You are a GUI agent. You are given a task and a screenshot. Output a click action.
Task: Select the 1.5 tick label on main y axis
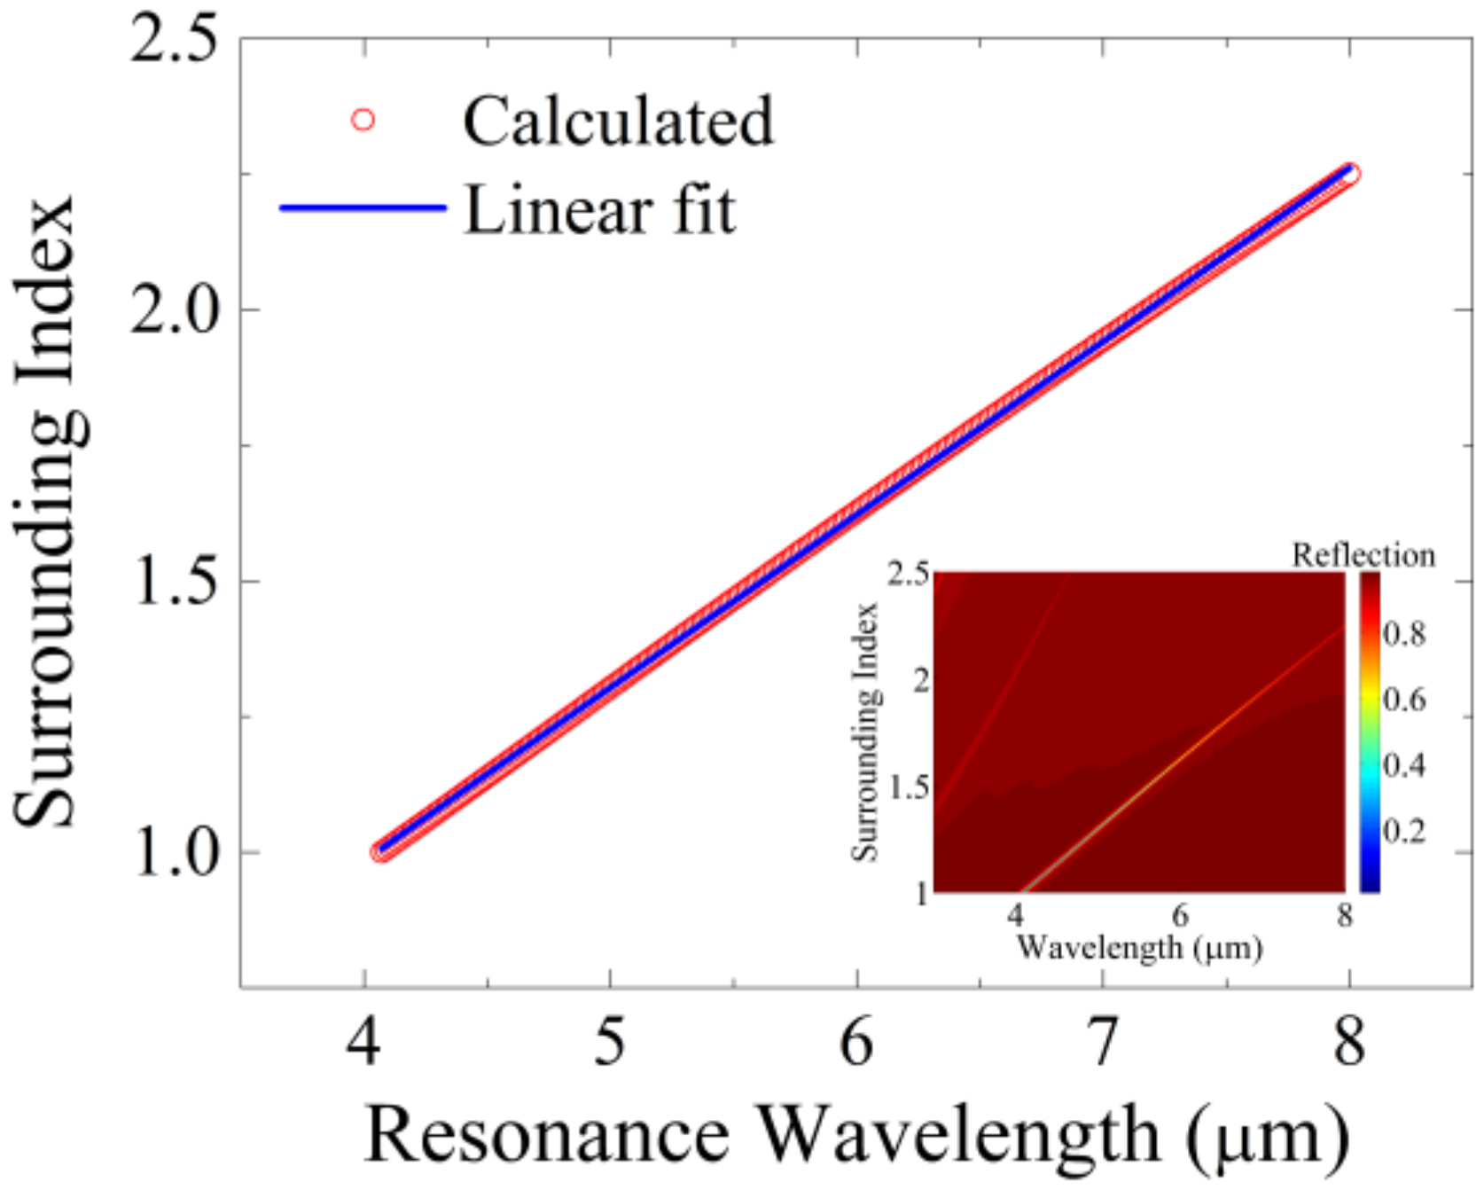[x=174, y=583]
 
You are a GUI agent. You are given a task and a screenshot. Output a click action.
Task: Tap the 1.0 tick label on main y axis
[x=174, y=854]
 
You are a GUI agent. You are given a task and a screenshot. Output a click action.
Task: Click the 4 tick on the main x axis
[x=363, y=1042]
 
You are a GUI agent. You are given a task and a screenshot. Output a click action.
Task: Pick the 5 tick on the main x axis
[x=610, y=1042]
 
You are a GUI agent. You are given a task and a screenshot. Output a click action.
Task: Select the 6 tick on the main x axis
[x=856, y=1042]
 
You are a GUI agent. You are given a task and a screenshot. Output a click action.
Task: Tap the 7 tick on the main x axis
[x=1102, y=1042]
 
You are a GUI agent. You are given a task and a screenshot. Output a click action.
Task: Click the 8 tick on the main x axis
[x=1348, y=1042]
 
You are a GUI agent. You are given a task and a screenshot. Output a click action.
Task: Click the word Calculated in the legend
[x=618, y=121]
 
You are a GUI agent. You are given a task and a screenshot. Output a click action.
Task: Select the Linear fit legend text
[x=600, y=210]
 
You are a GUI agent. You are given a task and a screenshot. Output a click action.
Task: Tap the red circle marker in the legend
[x=363, y=120]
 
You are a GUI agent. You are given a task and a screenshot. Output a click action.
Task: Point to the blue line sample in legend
[x=363, y=208]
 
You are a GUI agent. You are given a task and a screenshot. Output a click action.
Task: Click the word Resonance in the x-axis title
[x=547, y=1136]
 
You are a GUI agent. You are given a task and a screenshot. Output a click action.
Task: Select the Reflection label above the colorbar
[x=1363, y=556]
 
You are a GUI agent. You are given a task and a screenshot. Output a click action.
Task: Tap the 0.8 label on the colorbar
[x=1405, y=634]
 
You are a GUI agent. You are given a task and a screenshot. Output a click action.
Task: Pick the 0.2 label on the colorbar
[x=1405, y=832]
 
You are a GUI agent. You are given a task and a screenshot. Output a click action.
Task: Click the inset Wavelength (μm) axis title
[x=1139, y=948]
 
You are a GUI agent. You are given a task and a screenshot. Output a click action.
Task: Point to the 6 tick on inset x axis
[x=1179, y=915]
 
